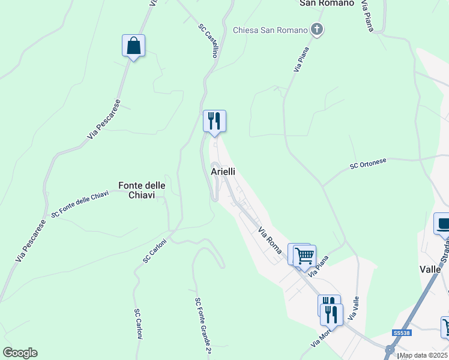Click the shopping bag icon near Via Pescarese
point(133,46)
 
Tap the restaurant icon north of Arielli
point(214,121)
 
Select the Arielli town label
point(223,172)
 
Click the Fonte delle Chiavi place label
point(137,190)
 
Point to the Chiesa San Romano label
point(270,29)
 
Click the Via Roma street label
point(270,240)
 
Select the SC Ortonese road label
point(369,164)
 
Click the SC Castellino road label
point(208,40)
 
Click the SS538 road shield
point(401,333)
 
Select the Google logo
point(20,353)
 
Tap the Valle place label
point(430,270)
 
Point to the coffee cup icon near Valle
point(443,224)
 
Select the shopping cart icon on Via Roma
point(304,255)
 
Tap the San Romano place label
point(326,3)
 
